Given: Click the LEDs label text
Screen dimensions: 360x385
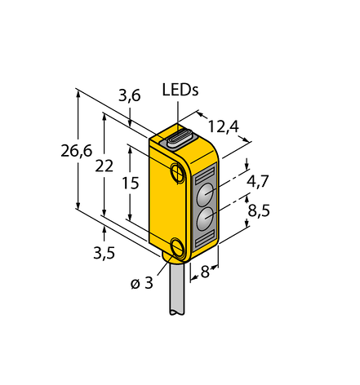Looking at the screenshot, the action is (180, 90).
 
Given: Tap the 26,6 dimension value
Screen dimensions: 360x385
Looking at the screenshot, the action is (77, 151).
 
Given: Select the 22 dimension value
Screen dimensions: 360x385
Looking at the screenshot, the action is (104, 166).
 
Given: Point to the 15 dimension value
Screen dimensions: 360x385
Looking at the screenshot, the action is (131, 183).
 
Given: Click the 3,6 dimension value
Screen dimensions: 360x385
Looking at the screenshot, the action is (130, 95).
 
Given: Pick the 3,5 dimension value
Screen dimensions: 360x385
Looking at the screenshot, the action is (104, 253).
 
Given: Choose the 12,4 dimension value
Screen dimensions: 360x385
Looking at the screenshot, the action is (224, 126).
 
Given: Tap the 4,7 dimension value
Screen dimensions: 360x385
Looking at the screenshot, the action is (257, 181).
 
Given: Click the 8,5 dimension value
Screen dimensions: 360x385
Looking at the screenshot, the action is (259, 210).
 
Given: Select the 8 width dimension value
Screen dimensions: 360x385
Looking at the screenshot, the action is (205, 272).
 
